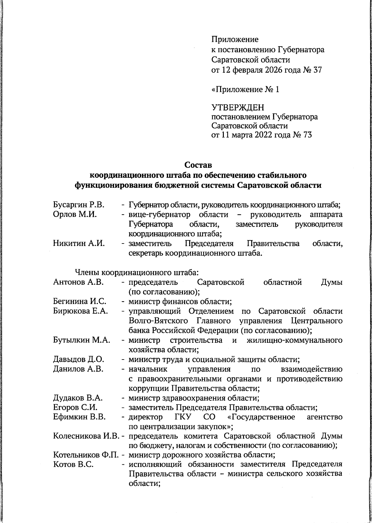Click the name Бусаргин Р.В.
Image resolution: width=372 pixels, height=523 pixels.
coord(78,205)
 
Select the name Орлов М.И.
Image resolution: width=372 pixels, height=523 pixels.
coord(75,215)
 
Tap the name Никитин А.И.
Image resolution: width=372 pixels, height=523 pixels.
coord(79,244)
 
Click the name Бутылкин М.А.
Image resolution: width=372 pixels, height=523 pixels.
coord(82,340)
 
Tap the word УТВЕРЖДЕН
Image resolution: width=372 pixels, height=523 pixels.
coord(238,108)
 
